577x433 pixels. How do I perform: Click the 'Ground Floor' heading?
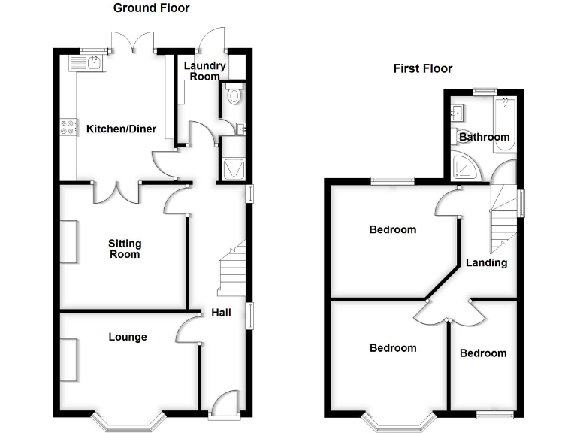pos(151,8)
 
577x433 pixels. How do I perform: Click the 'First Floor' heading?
pos(423,68)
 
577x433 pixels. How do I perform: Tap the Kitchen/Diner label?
pos(121,129)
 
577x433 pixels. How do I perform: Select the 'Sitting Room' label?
pos(125,249)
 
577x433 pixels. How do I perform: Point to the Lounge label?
pos(127,337)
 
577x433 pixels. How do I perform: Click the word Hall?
pos(221,313)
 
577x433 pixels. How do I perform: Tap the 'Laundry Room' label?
pos(204,71)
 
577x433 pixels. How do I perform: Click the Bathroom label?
pos(484,138)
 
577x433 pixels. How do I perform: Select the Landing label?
pos(486,263)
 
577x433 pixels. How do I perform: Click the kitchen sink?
pos(93,63)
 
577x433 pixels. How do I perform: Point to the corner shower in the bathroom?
pos(468,169)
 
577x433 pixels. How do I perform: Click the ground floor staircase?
pos(232,271)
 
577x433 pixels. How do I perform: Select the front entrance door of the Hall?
pos(224,406)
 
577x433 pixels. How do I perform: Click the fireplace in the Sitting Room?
pos(68,242)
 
